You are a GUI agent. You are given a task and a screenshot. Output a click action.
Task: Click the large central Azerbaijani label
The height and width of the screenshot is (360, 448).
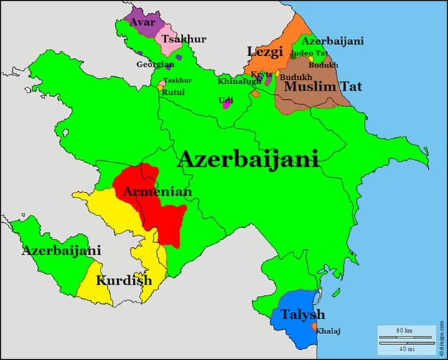pyautogui.click(x=248, y=160)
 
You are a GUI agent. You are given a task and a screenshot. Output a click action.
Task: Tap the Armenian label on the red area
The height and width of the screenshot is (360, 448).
pyautogui.click(x=157, y=192)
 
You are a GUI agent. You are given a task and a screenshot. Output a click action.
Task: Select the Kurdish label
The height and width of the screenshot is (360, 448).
pyautogui.click(x=124, y=280)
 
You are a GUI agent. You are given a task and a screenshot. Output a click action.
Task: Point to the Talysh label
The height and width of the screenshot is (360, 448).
pyautogui.click(x=303, y=315)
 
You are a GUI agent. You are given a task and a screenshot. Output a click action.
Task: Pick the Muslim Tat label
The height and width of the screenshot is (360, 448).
pyautogui.click(x=323, y=88)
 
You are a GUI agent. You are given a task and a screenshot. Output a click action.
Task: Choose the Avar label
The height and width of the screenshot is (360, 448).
pyautogui.click(x=142, y=22)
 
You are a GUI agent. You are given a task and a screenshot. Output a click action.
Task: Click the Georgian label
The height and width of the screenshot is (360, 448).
pyautogui.click(x=155, y=64)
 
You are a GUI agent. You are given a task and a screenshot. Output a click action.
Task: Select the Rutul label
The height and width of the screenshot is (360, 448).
pyautogui.click(x=173, y=92)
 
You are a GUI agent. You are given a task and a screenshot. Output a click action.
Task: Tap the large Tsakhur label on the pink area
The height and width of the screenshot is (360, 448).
pyautogui.click(x=177, y=39)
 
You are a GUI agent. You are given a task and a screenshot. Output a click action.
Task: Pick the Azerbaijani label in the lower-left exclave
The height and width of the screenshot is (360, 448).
pyautogui.click(x=61, y=251)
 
